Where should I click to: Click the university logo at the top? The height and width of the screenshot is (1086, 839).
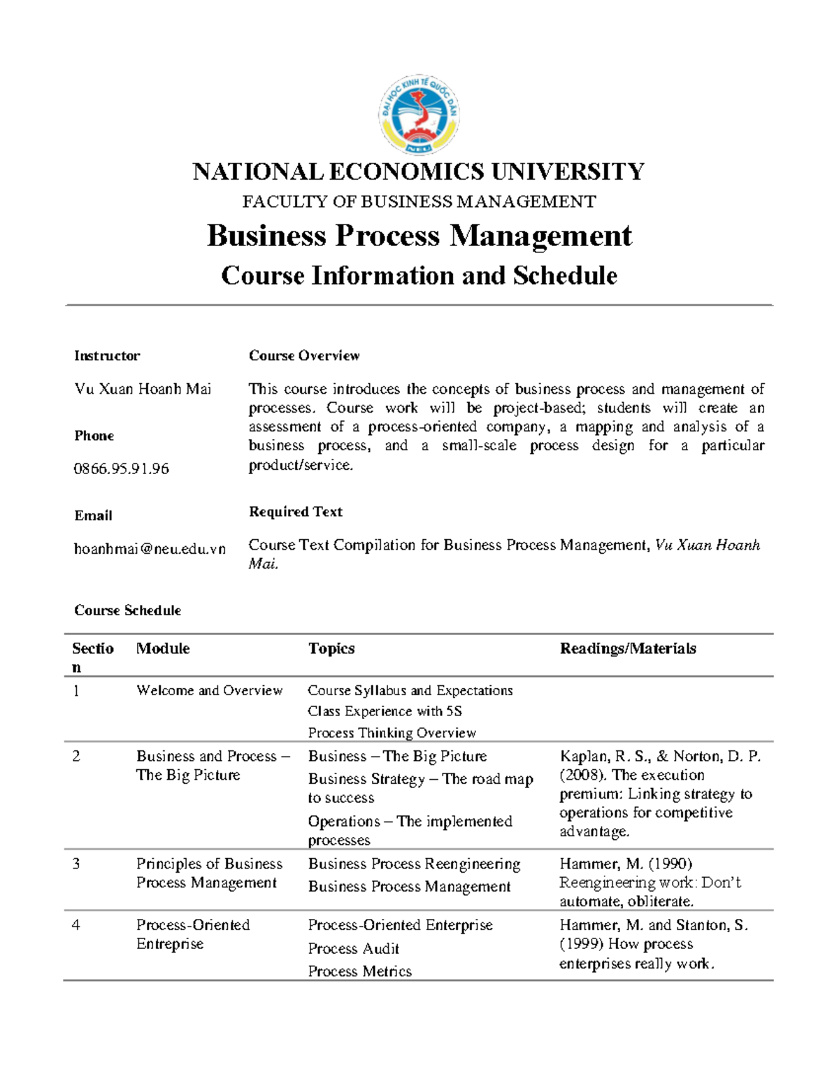(419, 115)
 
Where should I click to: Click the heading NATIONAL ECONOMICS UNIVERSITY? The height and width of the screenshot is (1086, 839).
(419, 172)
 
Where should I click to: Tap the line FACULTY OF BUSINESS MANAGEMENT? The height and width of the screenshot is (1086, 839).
(419, 202)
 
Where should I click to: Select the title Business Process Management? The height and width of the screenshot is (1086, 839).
(419, 236)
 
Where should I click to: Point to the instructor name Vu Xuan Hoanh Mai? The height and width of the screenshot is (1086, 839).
(143, 389)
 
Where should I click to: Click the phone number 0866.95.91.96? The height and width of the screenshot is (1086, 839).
(122, 469)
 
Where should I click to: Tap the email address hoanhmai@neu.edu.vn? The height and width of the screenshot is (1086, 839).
(150, 549)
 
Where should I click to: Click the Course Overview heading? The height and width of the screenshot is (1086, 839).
(304, 356)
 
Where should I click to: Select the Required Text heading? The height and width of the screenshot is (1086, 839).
(296, 512)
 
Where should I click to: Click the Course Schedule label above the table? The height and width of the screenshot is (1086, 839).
(127, 610)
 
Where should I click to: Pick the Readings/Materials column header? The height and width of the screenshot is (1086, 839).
(628, 649)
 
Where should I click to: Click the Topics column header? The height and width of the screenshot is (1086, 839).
(331, 649)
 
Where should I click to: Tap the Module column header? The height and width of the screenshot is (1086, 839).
(163, 649)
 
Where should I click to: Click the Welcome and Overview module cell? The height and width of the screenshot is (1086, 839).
(209, 691)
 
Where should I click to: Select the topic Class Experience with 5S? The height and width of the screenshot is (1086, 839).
(385, 711)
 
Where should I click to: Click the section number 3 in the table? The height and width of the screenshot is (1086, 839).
(76, 864)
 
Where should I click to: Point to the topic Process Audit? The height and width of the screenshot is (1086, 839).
(353, 949)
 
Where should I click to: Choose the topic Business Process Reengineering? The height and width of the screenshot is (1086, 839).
(414, 864)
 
